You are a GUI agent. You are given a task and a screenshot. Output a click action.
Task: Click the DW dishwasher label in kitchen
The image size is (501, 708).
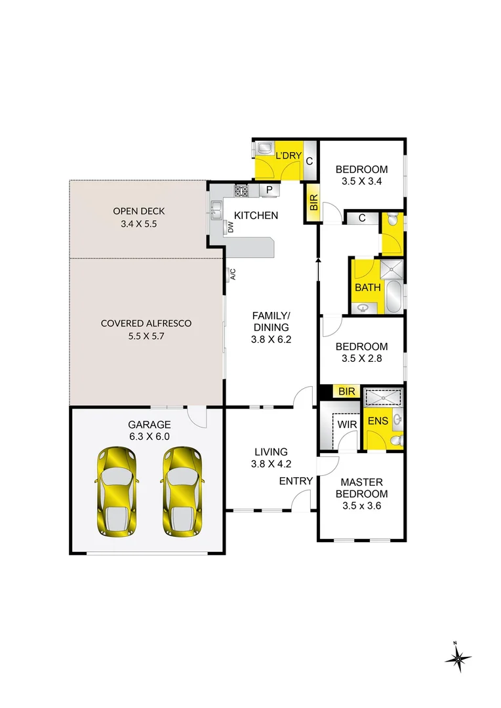pyautogui.click(x=231, y=227)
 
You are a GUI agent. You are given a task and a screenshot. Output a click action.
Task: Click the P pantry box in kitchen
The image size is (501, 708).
pyautogui.click(x=269, y=191)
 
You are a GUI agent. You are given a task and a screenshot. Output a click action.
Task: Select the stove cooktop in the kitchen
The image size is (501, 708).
pyautogui.click(x=242, y=191)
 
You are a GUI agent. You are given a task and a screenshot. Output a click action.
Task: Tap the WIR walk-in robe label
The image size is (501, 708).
pyautogui.click(x=347, y=425)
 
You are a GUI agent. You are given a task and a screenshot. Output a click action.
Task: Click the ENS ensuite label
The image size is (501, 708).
pyautogui.click(x=377, y=421)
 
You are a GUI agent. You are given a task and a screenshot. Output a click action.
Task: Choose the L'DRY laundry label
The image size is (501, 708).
pyautogui.click(x=288, y=156)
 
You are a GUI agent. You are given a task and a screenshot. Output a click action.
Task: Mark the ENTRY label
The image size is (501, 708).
pyautogui.click(x=296, y=481)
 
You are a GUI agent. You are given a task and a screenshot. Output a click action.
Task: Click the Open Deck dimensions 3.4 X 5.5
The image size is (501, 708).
pyautogui.click(x=138, y=224)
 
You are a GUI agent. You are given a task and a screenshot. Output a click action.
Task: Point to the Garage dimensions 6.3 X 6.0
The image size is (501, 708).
pyautogui.click(x=150, y=437)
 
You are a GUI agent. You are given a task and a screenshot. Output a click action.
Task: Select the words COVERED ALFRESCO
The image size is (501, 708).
pyautogui.click(x=146, y=323)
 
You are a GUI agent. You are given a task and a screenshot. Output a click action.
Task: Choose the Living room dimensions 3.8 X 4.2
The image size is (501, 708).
pyautogui.click(x=271, y=463)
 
